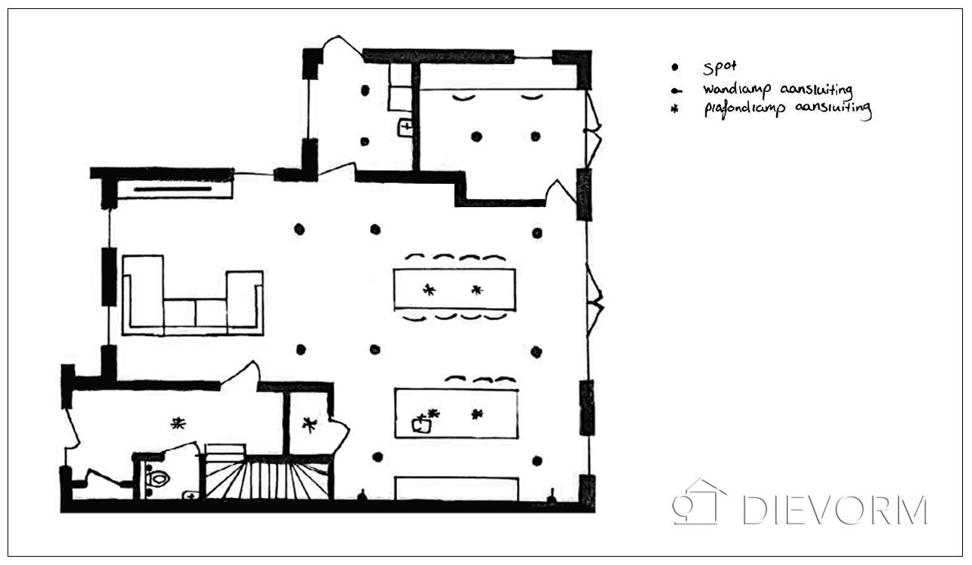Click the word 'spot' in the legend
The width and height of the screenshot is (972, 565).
click(x=720, y=67)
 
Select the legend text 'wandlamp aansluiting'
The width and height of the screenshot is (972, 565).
click(x=778, y=90)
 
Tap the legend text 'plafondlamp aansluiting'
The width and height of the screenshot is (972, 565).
click(x=788, y=109)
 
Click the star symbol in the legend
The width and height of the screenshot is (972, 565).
click(x=674, y=109)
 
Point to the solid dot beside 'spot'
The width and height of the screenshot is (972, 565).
click(x=675, y=67)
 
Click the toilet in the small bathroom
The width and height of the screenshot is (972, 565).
click(x=157, y=479)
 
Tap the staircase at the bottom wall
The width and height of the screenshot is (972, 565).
click(x=267, y=479)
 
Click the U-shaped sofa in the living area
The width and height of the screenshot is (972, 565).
click(x=193, y=295)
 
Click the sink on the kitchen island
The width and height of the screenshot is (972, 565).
click(x=422, y=424)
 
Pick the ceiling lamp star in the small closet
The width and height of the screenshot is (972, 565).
click(x=310, y=425)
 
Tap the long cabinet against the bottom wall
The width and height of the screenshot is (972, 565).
click(x=457, y=489)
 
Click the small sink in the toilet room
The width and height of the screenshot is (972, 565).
click(x=190, y=495)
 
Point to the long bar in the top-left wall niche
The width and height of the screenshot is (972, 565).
click(x=173, y=189)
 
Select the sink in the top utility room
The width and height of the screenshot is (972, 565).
click(x=405, y=128)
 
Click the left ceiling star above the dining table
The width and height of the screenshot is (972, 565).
click(x=429, y=289)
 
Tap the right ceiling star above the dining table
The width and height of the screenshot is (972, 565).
click(x=477, y=289)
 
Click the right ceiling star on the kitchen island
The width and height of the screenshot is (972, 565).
click(x=477, y=414)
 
